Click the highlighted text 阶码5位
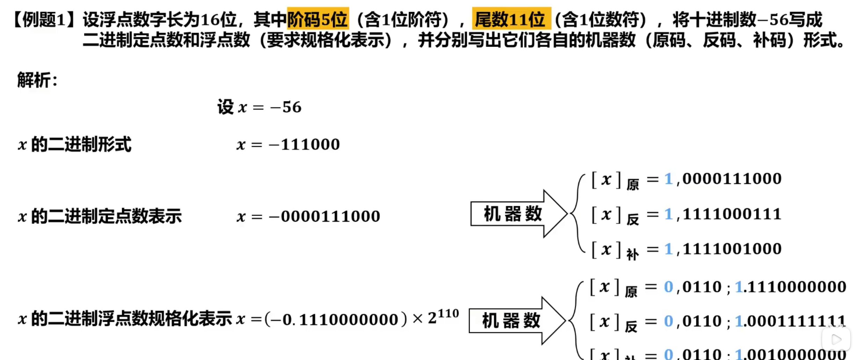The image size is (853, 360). coord(318,19)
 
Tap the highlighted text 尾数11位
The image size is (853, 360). coord(511,19)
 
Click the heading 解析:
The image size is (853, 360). coord(37,80)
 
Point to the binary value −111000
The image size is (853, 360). coord(304,145)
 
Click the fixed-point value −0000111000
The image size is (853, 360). coord(325,216)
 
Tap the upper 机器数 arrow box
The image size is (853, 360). coord(512,214)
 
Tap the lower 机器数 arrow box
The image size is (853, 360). coord(511,321)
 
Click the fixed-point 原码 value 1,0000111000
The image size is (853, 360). coord(722,179)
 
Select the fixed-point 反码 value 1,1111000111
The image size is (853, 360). coord(722,214)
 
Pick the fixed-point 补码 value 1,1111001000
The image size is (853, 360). coord(722,249)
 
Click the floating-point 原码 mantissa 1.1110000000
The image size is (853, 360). coord(790,287)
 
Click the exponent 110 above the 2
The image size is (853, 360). coord(449,314)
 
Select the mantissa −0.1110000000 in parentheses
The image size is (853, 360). coord(336,319)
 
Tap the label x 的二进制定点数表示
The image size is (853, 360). coord(100,216)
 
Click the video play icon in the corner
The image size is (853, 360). coord(836,339)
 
